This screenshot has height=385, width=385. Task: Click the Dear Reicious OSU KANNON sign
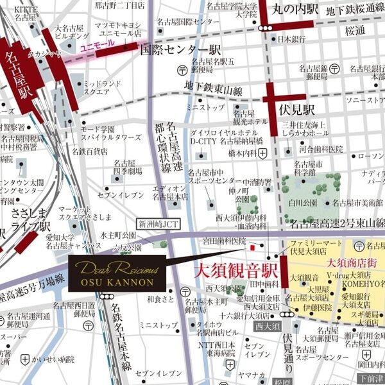tap(116, 273)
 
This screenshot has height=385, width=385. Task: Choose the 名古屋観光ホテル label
tap(250, 117)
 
